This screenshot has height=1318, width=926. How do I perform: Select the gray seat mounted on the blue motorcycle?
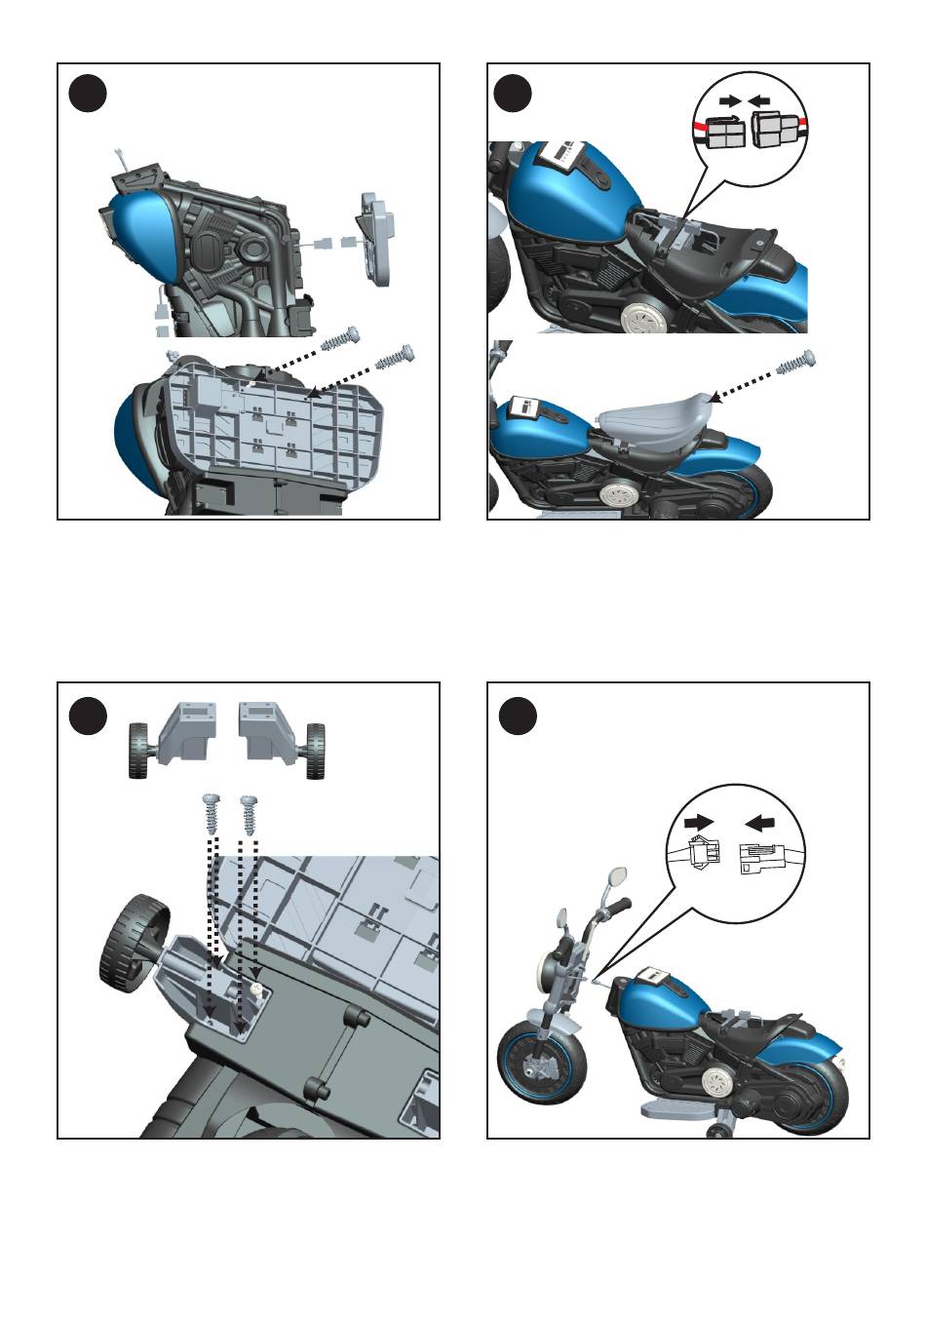[652, 421]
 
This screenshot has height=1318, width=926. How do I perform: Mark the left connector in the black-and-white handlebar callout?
[700, 854]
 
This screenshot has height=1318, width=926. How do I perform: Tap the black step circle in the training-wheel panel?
[88, 717]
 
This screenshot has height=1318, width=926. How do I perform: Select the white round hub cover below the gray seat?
[615, 494]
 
